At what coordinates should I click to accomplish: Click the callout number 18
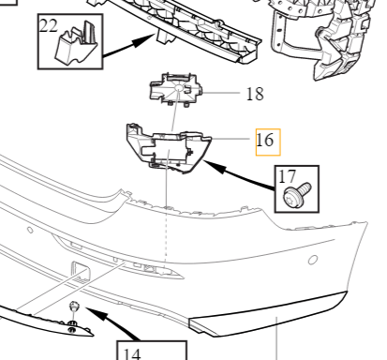pyautogui.click(x=254, y=94)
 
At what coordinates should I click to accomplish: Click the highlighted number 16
pyautogui.click(x=265, y=141)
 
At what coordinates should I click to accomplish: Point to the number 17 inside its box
pyautogui.click(x=286, y=175)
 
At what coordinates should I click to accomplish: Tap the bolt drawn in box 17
pyautogui.click(x=291, y=196)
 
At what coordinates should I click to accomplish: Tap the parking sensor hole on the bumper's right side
pyautogui.click(x=313, y=257)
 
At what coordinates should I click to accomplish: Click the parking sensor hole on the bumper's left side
pyautogui.click(x=31, y=228)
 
